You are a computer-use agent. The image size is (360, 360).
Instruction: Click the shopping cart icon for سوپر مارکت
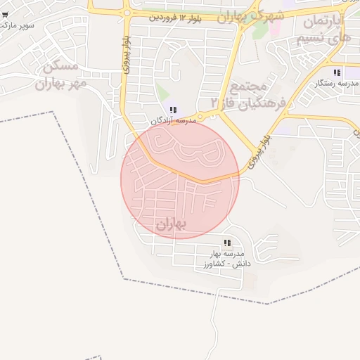[x=5, y=14]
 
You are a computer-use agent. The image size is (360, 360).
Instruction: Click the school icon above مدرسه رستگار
[x=337, y=72]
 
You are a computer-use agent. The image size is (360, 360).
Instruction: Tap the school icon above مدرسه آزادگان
[x=173, y=109]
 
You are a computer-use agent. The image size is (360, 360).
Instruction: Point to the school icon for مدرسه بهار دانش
[x=226, y=242]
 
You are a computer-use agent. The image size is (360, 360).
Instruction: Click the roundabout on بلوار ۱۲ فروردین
[x=127, y=12]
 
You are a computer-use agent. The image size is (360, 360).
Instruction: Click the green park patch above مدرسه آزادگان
[x=163, y=92]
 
